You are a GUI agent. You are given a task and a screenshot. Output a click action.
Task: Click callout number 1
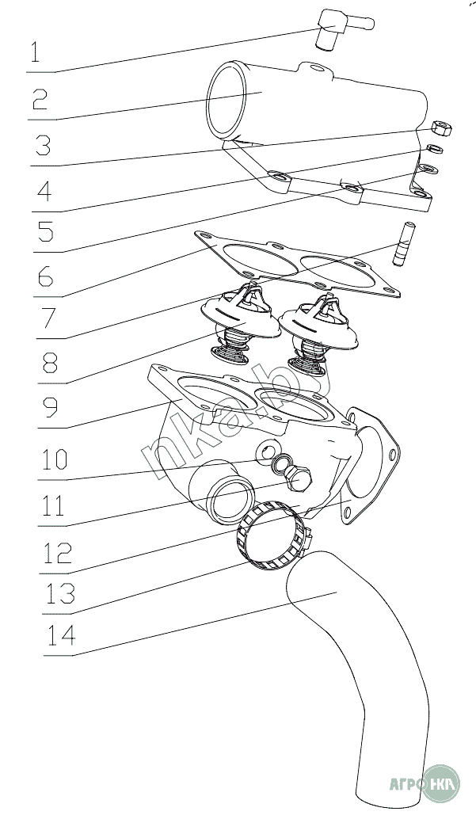click(36, 53)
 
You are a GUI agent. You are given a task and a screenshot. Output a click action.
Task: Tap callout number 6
click(44, 276)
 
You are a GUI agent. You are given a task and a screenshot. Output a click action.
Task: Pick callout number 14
click(60, 636)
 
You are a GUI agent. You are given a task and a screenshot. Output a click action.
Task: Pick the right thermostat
click(317, 333)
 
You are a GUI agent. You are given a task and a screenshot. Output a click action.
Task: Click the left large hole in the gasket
click(252, 261)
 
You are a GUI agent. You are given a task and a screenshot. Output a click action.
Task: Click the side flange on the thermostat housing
click(370, 467)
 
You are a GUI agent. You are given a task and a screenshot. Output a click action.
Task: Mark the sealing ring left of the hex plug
click(279, 463)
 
